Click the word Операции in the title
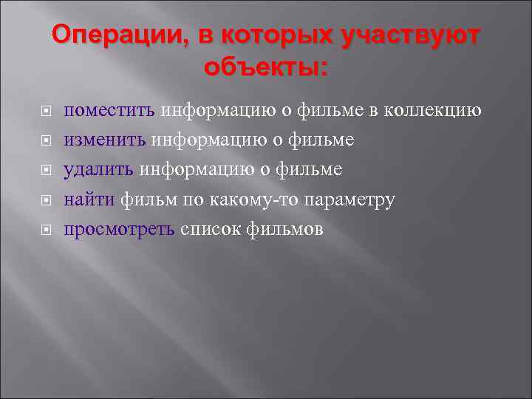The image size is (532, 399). [x=111, y=35]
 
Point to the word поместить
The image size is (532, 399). [x=109, y=111]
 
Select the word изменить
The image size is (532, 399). [x=106, y=140]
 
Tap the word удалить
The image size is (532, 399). [x=99, y=170]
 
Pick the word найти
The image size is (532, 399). [x=89, y=199]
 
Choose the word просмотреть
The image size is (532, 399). [x=120, y=230]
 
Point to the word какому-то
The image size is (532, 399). [x=256, y=199]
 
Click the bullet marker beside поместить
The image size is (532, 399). [x=45, y=112]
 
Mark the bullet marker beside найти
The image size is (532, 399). [x=45, y=201]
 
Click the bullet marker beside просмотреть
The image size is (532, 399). [x=45, y=231]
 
